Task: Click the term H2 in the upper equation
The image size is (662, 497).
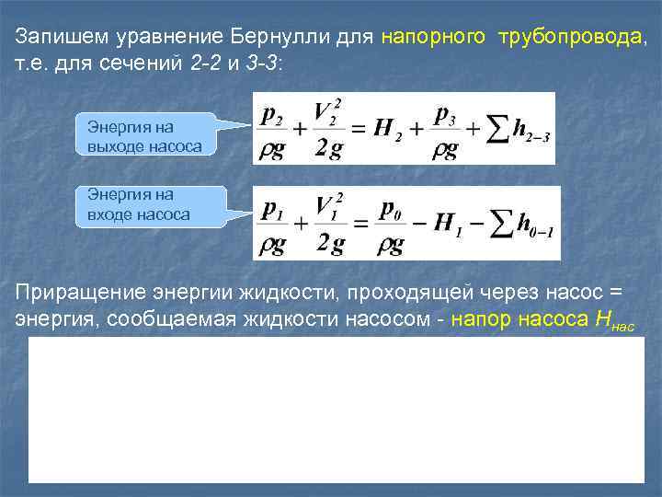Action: click(x=383, y=128)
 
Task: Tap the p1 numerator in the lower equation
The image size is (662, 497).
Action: click(x=273, y=209)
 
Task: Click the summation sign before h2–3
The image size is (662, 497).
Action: click(x=495, y=129)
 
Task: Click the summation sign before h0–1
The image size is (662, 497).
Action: click(x=498, y=225)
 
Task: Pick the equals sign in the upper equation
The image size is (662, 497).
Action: click(x=358, y=129)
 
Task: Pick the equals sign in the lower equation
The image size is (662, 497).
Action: click(x=360, y=225)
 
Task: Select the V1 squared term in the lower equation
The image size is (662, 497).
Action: click(x=327, y=208)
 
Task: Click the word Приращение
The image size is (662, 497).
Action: click(x=73, y=293)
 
